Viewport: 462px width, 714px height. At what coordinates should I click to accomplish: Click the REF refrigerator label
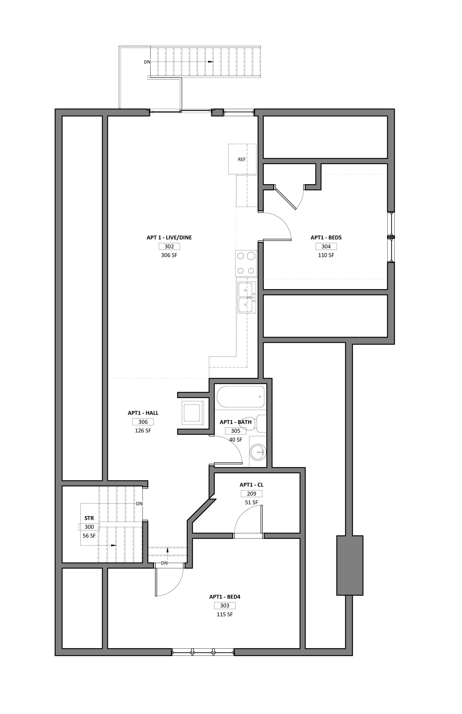[242, 160]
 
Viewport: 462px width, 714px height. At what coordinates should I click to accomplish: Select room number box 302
[169, 247]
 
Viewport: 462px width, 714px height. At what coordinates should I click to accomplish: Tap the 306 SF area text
[169, 255]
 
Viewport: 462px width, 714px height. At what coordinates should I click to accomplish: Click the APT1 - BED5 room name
[326, 238]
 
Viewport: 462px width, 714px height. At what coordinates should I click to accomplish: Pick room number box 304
[326, 247]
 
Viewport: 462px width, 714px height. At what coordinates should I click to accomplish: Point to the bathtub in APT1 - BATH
[241, 397]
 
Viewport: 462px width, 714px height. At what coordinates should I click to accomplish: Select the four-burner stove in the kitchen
[246, 264]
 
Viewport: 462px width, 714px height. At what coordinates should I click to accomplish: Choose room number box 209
[251, 494]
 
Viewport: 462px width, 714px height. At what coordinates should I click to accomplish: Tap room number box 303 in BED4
[225, 605]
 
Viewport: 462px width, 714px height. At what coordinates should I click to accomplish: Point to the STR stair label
[89, 518]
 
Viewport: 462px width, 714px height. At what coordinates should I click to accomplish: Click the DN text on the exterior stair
[147, 62]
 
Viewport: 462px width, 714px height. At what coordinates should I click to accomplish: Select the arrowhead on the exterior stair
[211, 62]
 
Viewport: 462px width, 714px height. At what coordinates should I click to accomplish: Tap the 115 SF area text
[225, 614]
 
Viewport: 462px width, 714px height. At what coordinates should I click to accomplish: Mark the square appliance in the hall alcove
[192, 412]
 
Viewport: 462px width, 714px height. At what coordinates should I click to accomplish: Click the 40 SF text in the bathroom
[236, 440]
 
